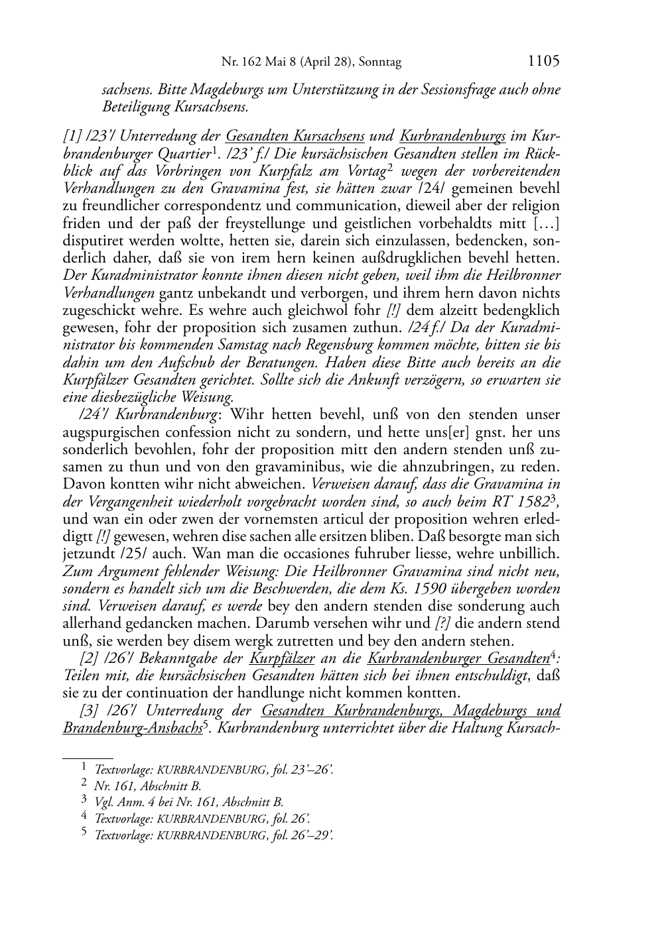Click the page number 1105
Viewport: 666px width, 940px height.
[543, 61]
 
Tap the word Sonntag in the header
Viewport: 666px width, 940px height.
[381, 62]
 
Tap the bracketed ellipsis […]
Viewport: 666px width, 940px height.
[545, 223]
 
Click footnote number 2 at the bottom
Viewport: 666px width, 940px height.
[84, 785]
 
